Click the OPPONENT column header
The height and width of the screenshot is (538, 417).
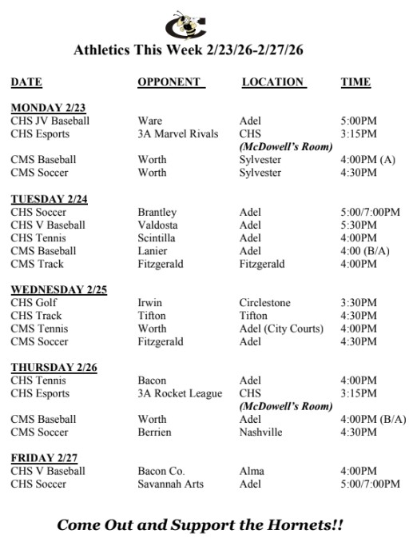[x=170, y=82]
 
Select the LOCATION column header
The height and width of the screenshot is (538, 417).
[x=273, y=82]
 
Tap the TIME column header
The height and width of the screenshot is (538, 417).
[x=355, y=82]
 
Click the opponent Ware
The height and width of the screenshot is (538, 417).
[x=149, y=121]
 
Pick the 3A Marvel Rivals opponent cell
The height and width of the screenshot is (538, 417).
[x=177, y=134]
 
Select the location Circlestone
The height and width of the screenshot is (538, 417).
[x=265, y=303]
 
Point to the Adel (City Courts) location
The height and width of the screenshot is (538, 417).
[x=281, y=329]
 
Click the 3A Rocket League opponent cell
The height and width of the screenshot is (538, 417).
[x=179, y=393]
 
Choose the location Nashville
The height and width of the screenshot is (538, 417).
[x=260, y=432]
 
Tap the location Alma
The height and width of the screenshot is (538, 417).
[x=252, y=471]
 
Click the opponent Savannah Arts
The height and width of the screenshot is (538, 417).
[x=170, y=484]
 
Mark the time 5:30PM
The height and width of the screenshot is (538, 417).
[x=359, y=225]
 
